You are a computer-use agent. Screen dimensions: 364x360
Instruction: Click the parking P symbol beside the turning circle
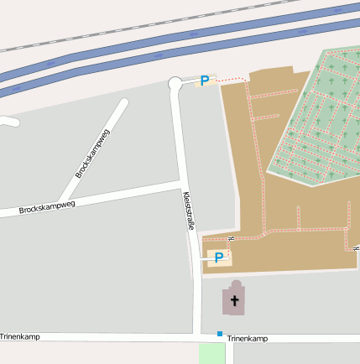(204, 81)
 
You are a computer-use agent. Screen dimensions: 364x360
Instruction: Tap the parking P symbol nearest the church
(218, 257)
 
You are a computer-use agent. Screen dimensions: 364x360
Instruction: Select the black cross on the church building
(235, 300)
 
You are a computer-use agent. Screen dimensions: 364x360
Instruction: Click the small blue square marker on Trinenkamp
(220, 334)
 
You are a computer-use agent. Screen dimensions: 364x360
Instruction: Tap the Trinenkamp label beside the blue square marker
(247, 339)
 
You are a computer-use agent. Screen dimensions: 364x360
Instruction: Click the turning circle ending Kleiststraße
(175, 83)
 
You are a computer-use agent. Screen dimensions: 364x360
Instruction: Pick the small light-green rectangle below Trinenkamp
(212, 353)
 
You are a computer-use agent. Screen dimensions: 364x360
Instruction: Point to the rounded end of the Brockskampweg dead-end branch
(123, 104)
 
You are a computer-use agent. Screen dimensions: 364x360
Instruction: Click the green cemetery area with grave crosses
(319, 117)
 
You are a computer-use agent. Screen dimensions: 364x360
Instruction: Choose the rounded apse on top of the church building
(235, 285)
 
